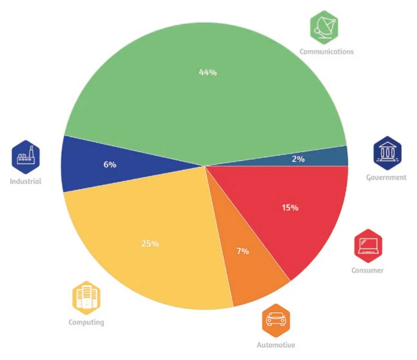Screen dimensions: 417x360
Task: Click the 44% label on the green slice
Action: pos(208,72)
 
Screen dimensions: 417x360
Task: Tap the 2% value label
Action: pos(298,159)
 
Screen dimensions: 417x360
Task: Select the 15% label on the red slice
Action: pos(290,208)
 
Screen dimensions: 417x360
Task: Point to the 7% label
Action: pos(243,251)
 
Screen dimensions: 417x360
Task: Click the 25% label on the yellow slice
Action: pos(150,244)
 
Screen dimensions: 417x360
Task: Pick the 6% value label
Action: pos(110,164)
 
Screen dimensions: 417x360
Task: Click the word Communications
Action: pos(327,52)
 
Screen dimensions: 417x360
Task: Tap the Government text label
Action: pos(386,178)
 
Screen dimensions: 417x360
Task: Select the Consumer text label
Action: pos(368,270)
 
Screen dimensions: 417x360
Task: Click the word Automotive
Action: pos(276,345)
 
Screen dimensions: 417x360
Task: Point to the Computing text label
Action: pos(87,322)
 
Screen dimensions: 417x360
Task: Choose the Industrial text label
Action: pos(25,181)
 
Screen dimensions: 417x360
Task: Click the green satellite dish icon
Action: pos(324,28)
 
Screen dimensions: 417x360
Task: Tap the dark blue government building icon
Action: pos(388,153)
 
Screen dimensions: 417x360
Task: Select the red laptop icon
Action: pos(368,246)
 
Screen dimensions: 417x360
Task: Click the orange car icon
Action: pos(276,320)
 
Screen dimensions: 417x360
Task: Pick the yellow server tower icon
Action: pos(87,298)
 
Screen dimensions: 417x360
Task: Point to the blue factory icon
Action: pos(25,157)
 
